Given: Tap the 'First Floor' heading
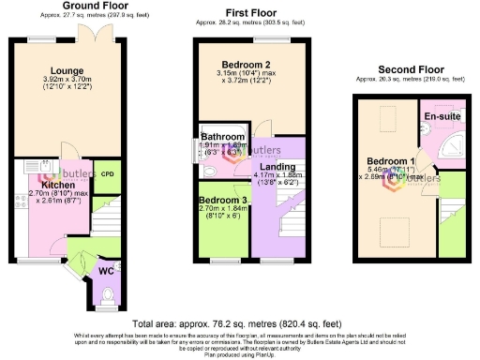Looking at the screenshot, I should click(x=248, y=12).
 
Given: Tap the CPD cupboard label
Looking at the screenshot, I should click(x=108, y=174).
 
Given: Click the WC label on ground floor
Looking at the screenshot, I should click(x=106, y=272).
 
